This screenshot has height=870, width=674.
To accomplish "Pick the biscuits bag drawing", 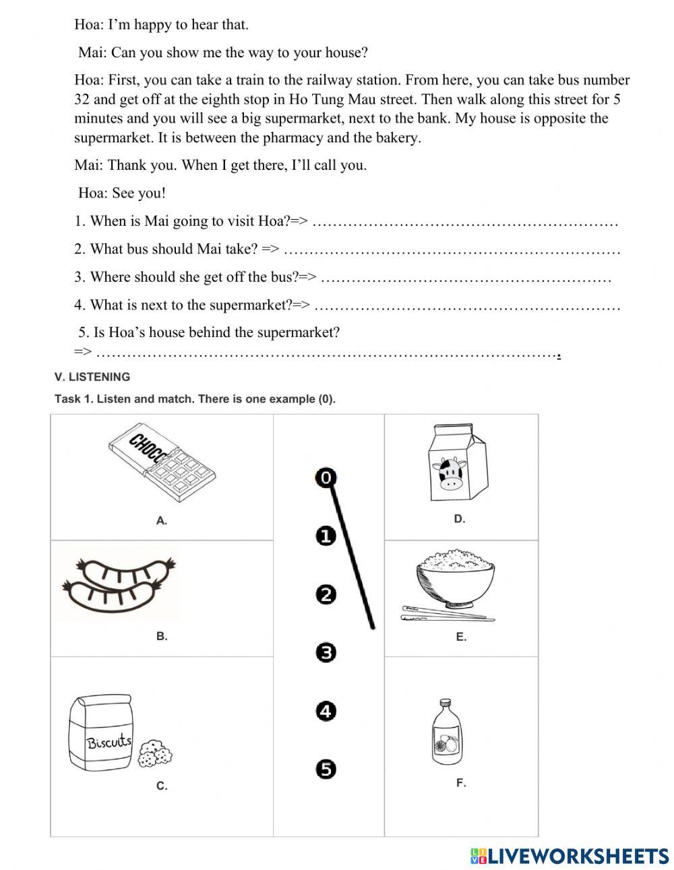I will (101, 733).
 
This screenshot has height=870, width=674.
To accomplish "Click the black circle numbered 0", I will (326, 478).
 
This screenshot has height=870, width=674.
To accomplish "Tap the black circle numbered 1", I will (326, 536).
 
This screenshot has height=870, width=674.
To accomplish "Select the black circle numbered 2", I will (326, 594).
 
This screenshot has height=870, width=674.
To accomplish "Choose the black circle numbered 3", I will (326, 652).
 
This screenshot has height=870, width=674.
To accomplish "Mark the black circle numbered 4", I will (326, 711).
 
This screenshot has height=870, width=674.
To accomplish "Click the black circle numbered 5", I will (326, 769).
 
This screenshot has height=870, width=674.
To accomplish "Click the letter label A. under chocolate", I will (162, 520).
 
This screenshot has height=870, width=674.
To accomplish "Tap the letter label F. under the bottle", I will (461, 783).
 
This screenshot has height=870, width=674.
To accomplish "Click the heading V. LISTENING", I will (92, 377).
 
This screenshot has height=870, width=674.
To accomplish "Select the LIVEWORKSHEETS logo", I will (570, 856).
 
